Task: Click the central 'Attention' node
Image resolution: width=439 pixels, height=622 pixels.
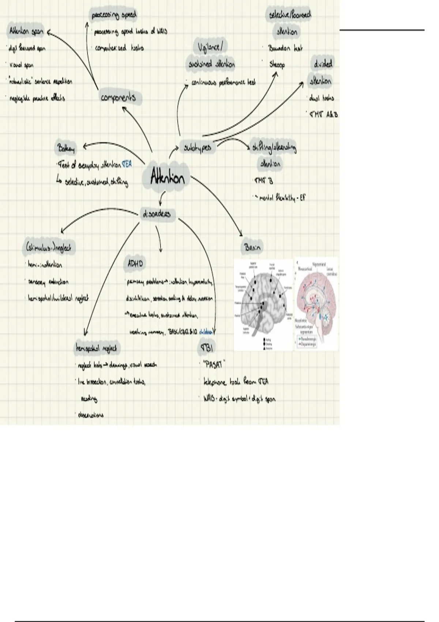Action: pos(168,178)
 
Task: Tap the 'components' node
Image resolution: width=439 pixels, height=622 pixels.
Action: pos(118,98)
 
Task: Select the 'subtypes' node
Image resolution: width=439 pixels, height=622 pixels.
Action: pos(198,148)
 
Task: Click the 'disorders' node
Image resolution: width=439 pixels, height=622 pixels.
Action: pos(157,214)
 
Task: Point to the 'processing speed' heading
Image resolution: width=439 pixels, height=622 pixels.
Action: pos(114,15)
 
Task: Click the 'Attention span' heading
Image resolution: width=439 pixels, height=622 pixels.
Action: pos(26,31)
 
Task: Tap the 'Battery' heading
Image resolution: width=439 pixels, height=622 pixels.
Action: pos(66,149)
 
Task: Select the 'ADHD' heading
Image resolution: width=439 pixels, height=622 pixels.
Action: pos(135,263)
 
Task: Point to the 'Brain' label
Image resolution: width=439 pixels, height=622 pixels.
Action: pos(252,247)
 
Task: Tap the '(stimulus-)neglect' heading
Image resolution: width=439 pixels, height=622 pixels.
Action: pos(49,248)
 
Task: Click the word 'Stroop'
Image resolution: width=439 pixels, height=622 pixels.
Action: pos(277,65)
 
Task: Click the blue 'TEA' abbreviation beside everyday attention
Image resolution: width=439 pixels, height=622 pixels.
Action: pos(127,165)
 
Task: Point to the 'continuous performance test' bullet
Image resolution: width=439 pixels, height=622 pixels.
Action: pos(223,83)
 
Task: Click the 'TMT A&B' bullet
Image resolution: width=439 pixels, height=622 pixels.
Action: pos(324,115)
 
